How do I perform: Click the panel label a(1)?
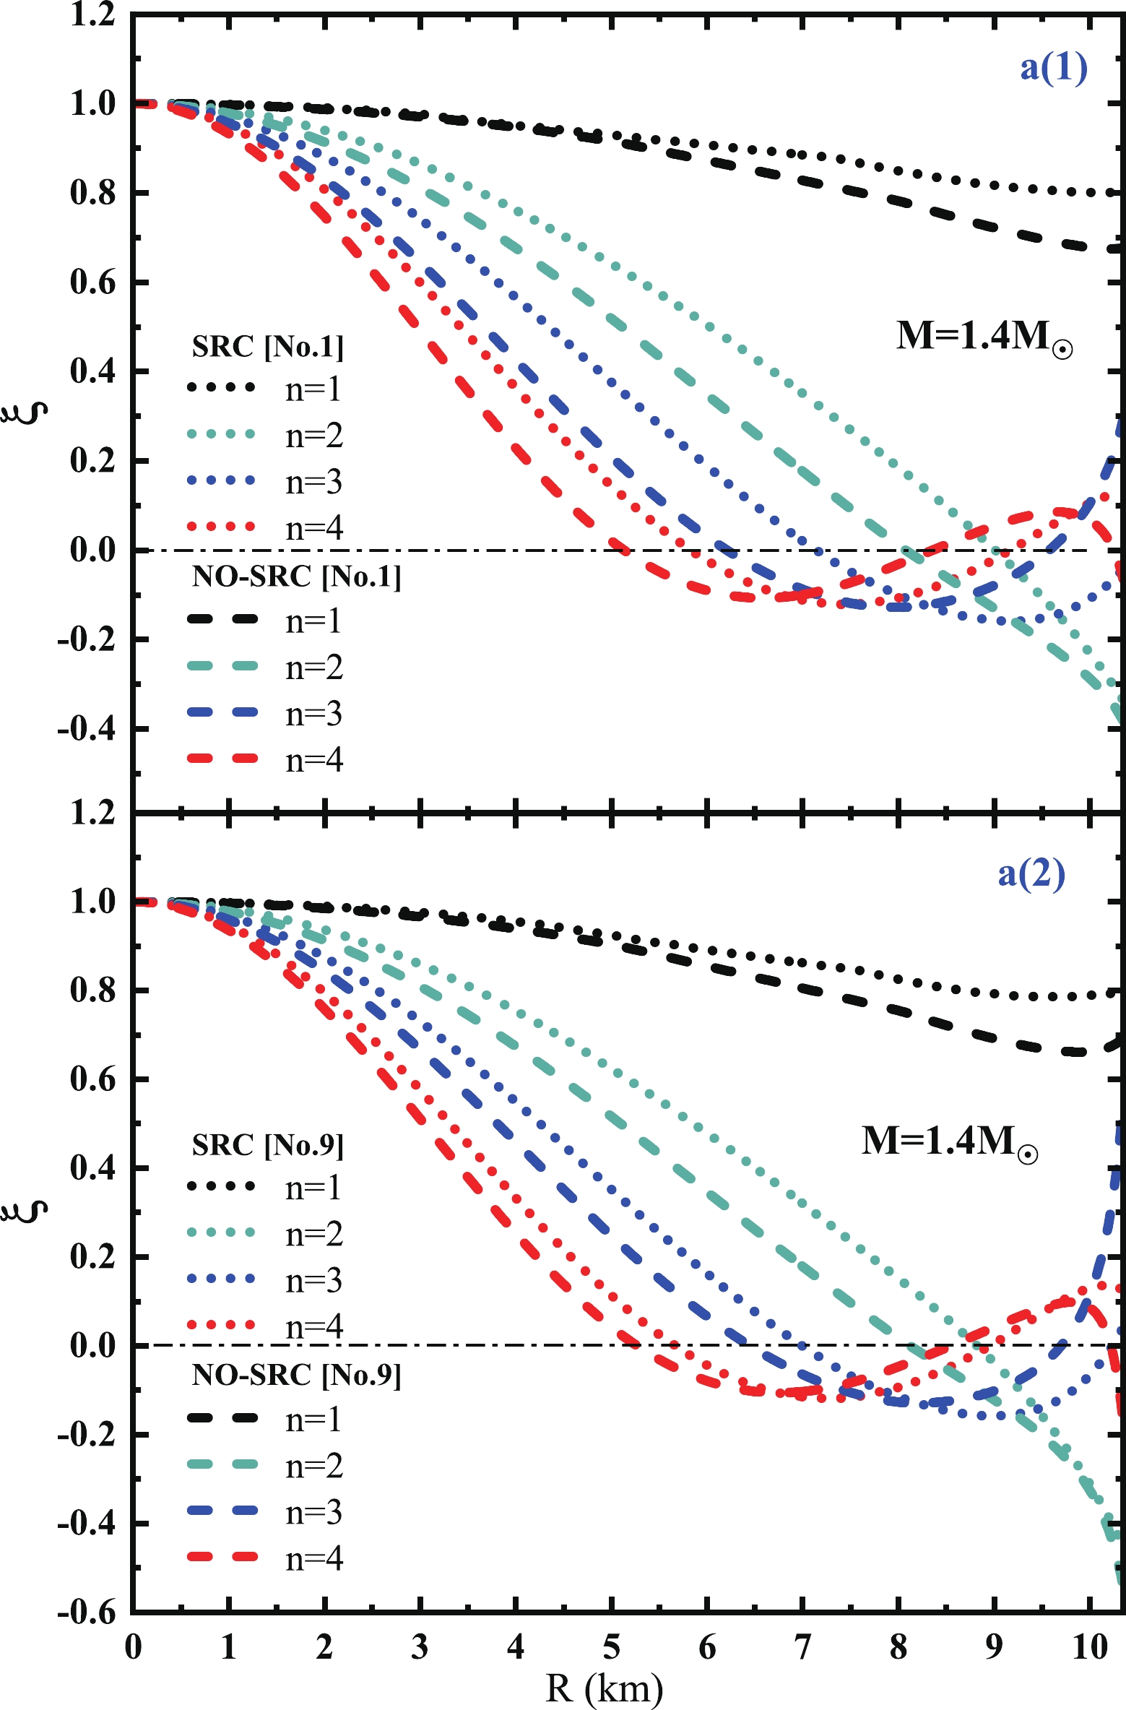(1053, 69)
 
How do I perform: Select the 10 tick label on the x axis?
(1089, 1647)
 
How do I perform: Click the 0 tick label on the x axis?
(133, 1647)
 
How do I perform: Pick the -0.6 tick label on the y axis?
(87, 1612)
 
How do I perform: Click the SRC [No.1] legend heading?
(267, 347)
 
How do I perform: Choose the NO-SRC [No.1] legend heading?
(296, 577)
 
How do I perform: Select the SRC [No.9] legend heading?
(267, 1145)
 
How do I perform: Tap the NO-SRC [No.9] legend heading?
(296, 1375)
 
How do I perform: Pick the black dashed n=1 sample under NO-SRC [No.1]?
(222, 619)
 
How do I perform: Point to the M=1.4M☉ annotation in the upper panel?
(984, 337)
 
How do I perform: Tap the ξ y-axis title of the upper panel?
(30, 413)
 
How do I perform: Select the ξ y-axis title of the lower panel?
(30, 1212)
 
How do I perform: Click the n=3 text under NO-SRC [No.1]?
(313, 714)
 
